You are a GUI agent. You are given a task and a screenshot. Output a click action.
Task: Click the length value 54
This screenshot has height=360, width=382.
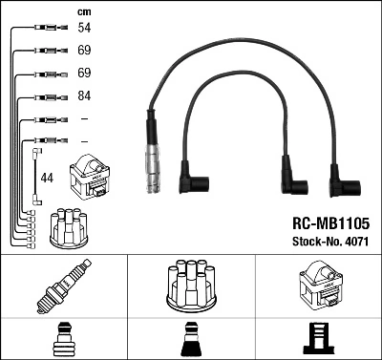[84, 30]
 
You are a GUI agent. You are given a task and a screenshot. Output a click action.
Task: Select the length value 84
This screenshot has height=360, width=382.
[84, 95]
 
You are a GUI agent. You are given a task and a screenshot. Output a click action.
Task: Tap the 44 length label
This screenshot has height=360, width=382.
[48, 178]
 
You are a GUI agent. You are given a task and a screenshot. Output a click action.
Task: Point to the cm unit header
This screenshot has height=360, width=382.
[83, 11]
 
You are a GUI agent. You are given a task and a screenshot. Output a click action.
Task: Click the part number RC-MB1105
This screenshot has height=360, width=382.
[329, 222]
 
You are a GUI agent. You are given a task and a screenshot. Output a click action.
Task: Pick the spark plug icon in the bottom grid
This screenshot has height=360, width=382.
[63, 286]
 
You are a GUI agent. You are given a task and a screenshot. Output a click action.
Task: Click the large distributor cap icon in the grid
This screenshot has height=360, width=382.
[190, 286]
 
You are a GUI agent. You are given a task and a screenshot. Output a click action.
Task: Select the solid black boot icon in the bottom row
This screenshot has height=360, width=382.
[190, 337]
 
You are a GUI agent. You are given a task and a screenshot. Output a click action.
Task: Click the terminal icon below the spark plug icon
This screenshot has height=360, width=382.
[63, 337]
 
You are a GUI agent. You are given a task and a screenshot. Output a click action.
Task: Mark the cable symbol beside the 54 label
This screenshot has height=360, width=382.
[47, 30]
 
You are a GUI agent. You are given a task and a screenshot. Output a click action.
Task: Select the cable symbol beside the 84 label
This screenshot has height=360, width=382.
[47, 95]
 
